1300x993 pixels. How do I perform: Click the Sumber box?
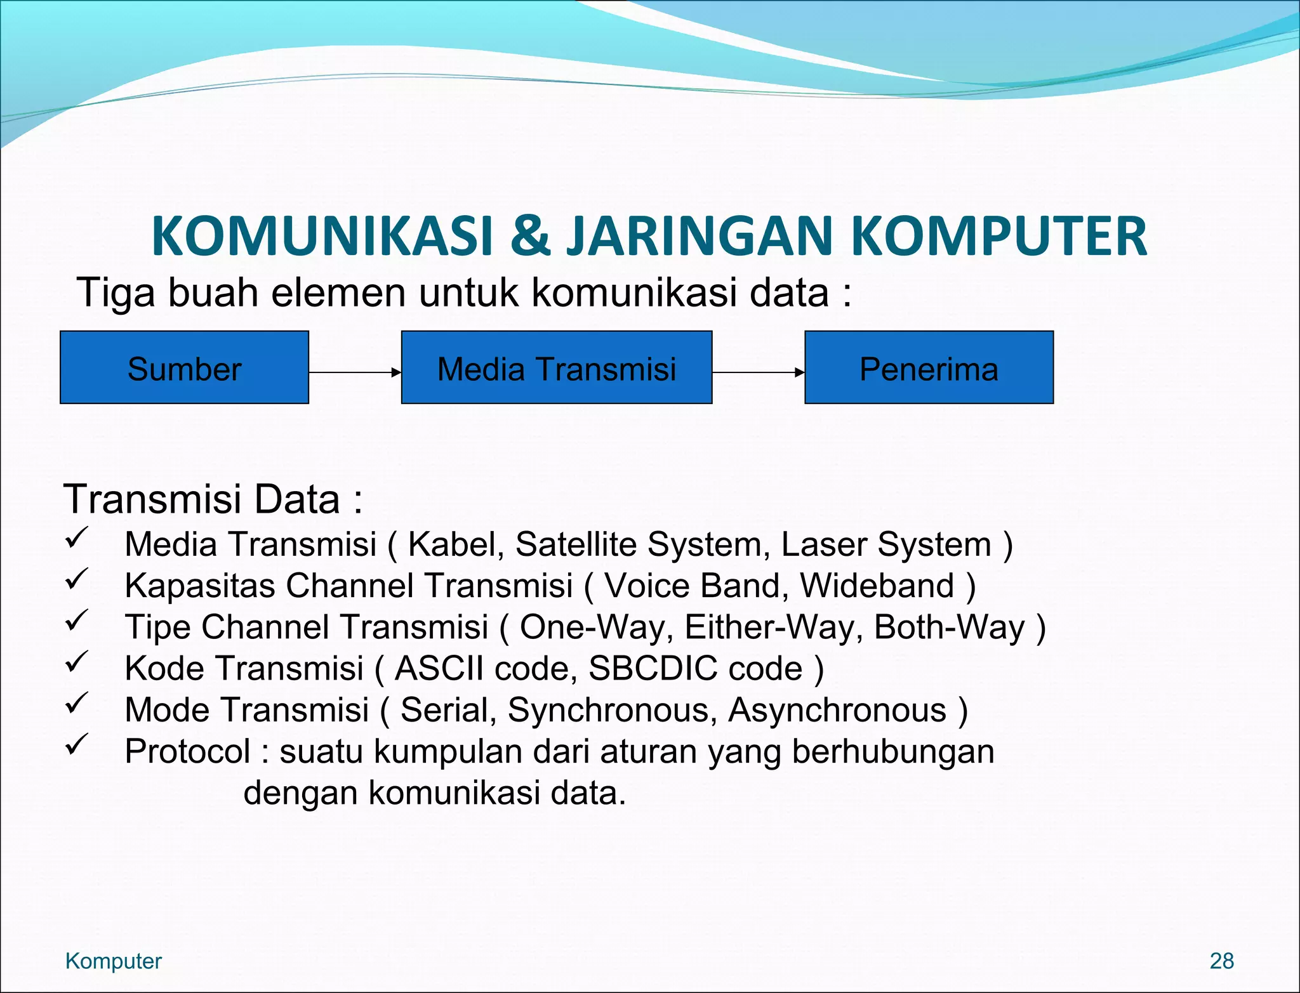(184, 367)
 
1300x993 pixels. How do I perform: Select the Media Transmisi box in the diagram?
(557, 367)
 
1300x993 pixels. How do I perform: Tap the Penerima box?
(929, 367)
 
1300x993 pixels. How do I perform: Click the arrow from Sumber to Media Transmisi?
(354, 372)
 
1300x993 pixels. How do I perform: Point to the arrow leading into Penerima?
(758, 372)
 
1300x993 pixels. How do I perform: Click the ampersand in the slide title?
(530, 236)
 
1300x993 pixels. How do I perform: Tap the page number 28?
(1221, 961)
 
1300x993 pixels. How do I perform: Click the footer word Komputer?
(114, 961)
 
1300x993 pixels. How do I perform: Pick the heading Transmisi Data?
(213, 499)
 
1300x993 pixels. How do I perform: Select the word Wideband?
(877, 586)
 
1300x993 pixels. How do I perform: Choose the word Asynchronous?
(837, 709)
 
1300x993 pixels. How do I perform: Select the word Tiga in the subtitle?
(116, 294)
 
